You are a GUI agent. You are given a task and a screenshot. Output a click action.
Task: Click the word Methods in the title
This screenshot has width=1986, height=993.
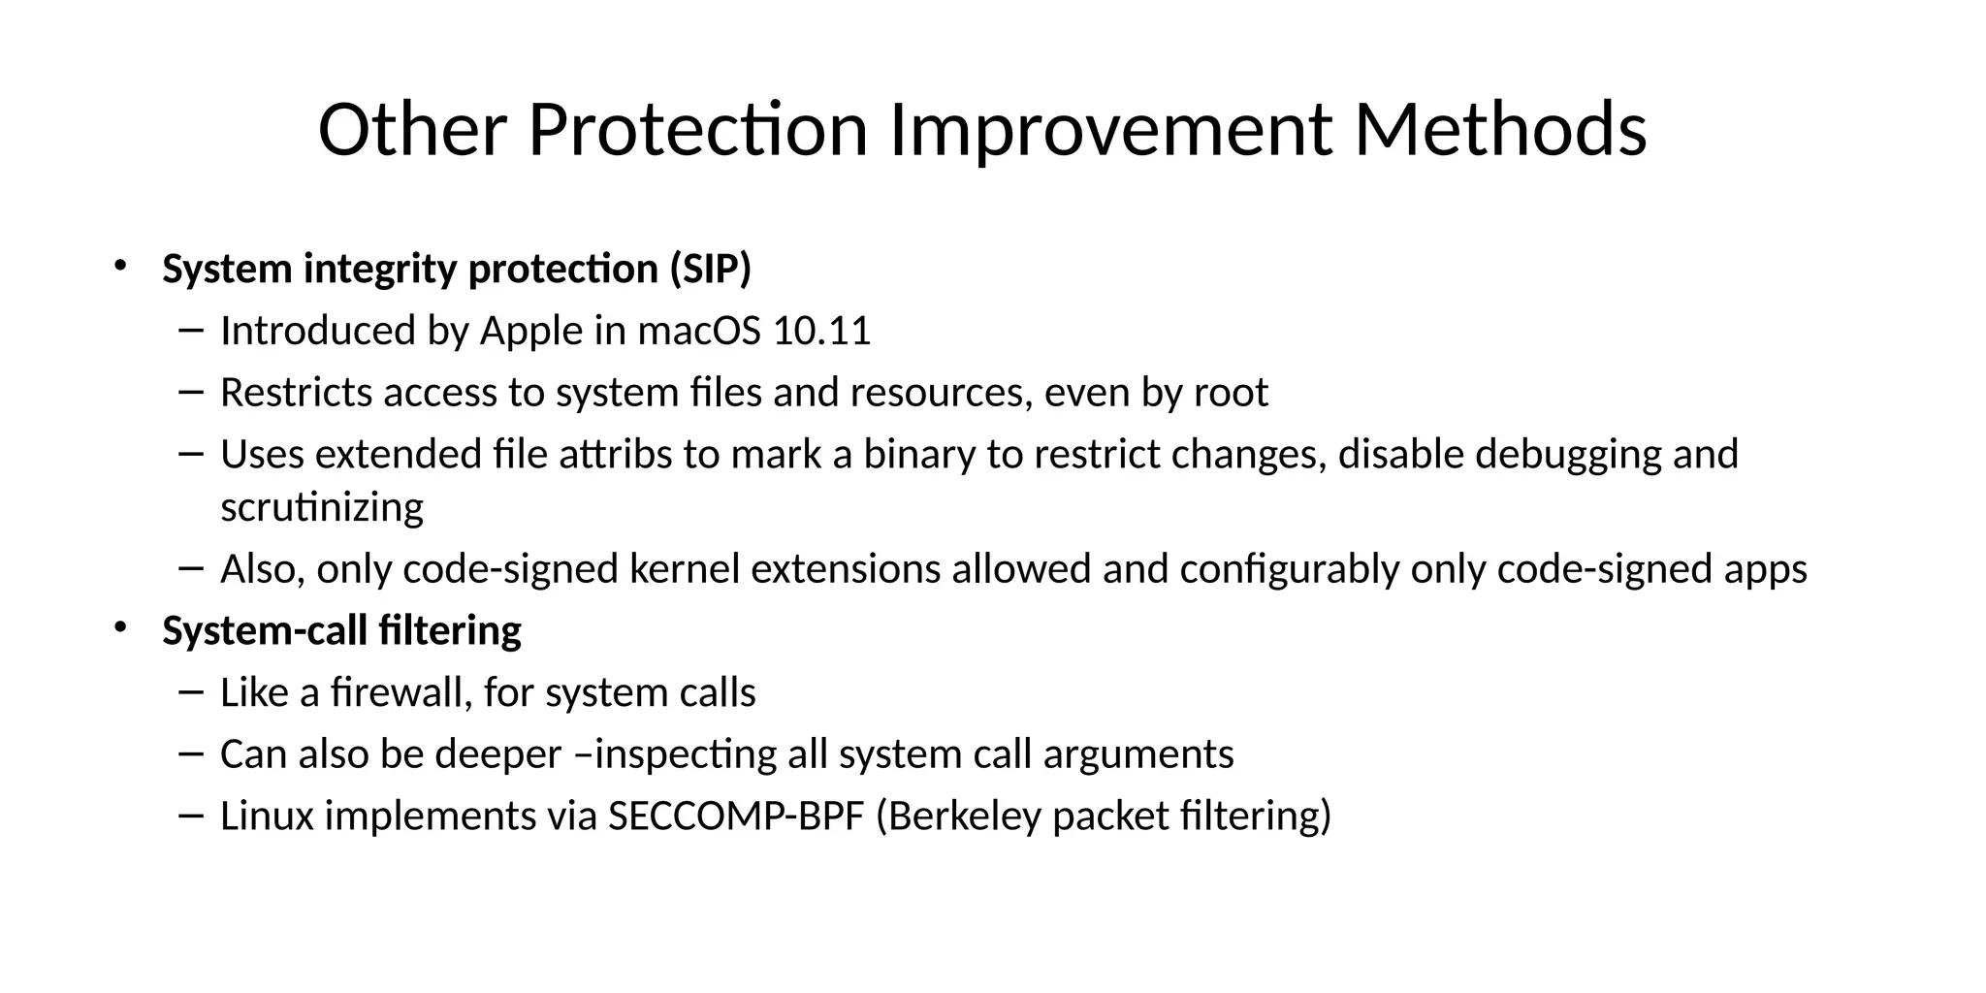pos(1499,131)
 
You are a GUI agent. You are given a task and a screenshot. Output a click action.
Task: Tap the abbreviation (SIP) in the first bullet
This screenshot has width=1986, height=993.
pos(710,269)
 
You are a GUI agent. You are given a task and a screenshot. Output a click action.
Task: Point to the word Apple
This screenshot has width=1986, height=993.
pos(531,332)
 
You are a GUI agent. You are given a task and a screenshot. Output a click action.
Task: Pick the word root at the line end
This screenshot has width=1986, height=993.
pos(1231,393)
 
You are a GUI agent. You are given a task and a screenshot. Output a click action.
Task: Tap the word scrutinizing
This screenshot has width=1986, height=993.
pos(322,507)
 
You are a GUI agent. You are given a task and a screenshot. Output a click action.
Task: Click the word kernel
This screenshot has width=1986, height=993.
pos(685,569)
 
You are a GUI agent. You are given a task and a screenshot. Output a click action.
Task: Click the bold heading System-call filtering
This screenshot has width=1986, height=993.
pos(341,631)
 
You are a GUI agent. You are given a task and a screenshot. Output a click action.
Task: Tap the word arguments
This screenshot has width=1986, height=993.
pos(1137,754)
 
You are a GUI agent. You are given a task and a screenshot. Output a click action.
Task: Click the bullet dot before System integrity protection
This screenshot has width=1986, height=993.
pos(120,265)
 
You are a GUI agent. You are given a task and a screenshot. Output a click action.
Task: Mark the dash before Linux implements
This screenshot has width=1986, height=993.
pos(191,817)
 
